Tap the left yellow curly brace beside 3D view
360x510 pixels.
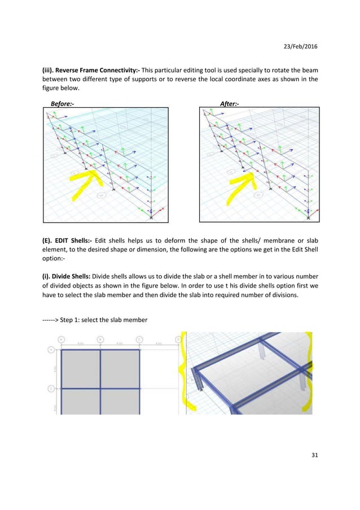click(x=184, y=376)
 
